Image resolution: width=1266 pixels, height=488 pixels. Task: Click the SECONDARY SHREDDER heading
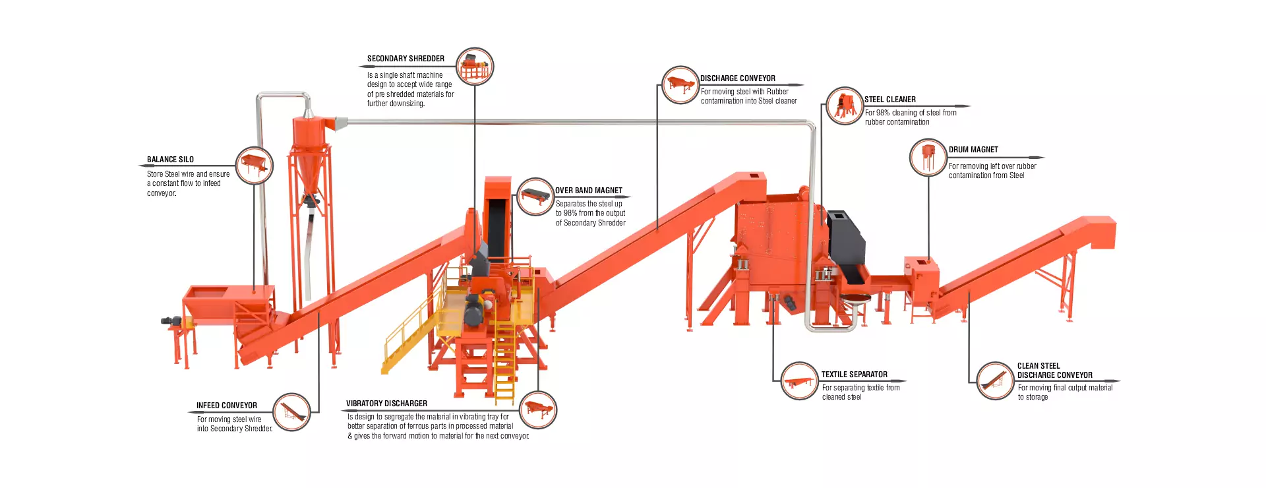point(406,59)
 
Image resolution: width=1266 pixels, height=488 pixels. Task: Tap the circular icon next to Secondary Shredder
point(475,67)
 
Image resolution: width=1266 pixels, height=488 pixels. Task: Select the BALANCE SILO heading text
point(170,160)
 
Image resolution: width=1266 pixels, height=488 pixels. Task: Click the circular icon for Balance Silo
point(254,166)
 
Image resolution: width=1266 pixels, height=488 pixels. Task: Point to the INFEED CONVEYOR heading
point(226,406)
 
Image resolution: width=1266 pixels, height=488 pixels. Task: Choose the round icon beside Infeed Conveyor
point(291,412)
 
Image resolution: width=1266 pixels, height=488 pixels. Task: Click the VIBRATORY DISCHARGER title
point(386,404)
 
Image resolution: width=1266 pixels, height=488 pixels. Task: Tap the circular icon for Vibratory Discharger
point(538,410)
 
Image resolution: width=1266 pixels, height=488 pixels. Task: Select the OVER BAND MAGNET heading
point(588,191)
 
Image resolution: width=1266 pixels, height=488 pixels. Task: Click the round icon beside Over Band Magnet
point(535,197)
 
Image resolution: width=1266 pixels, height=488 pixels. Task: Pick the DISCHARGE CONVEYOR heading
point(737,78)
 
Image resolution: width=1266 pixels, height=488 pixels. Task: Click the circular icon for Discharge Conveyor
point(680,85)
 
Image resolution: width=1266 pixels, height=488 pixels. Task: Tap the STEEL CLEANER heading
point(889,100)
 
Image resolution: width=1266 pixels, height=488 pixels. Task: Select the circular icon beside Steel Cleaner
point(844,106)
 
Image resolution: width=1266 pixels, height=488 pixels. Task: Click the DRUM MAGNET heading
point(973,150)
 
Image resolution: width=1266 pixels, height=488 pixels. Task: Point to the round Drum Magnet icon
point(928,158)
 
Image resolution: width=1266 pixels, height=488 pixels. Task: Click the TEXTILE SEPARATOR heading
point(854,375)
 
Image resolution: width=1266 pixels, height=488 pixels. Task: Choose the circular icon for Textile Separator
point(799,381)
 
